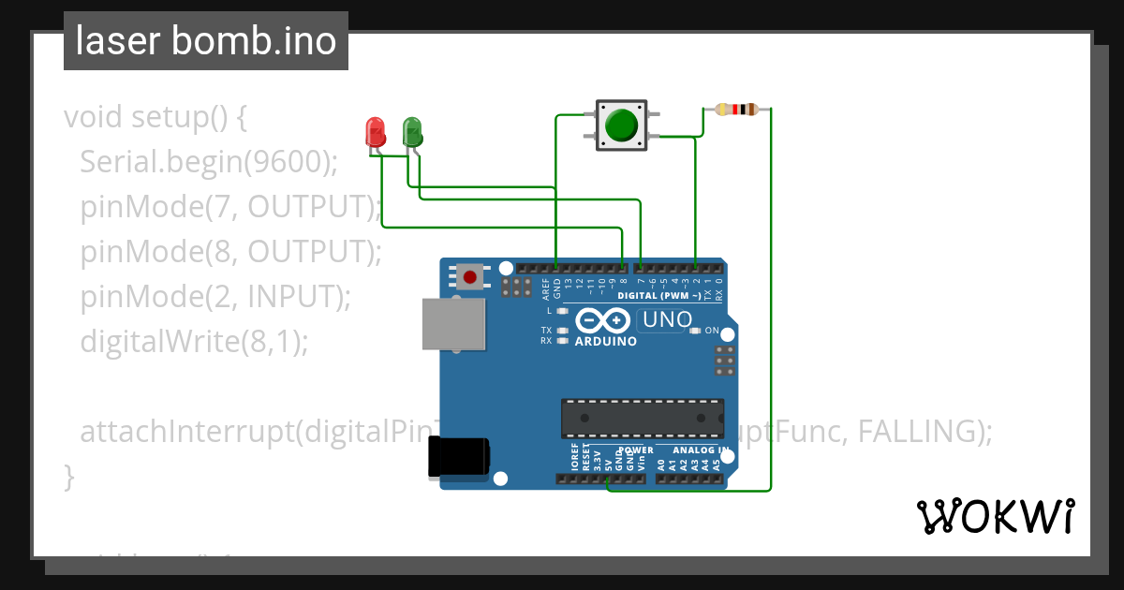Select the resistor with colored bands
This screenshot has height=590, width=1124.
click(736, 110)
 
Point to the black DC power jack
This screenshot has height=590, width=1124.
click(458, 457)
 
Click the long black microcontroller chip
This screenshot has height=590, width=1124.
click(642, 419)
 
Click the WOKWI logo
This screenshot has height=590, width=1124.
click(995, 516)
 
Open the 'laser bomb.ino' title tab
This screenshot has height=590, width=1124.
click(206, 41)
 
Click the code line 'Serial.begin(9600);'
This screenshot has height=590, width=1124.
click(208, 163)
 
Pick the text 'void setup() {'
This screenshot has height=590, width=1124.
click(155, 118)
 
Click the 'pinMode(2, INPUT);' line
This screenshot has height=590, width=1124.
click(215, 297)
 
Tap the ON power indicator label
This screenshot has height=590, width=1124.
click(712, 331)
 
